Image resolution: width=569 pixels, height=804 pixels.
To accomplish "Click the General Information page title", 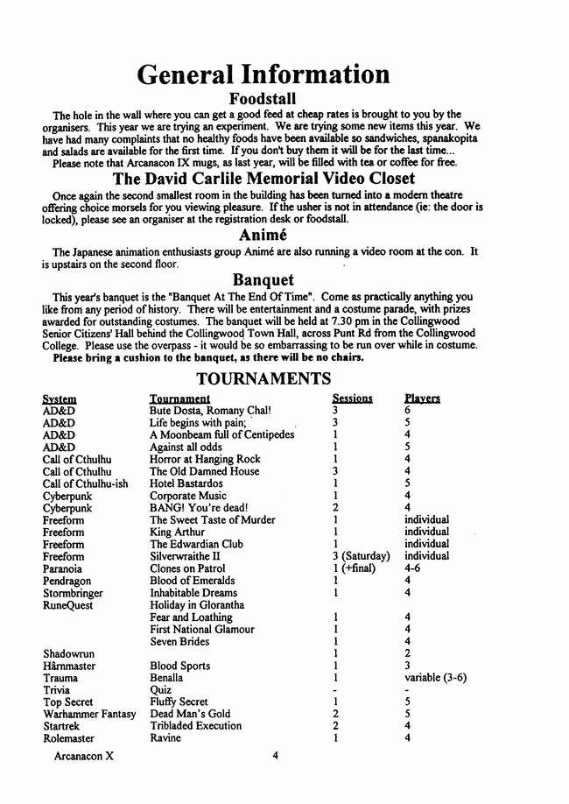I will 263,74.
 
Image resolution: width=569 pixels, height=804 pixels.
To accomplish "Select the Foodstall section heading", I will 263,99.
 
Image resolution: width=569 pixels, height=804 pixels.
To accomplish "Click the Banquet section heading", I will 263,281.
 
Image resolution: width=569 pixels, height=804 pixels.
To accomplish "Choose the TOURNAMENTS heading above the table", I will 263,378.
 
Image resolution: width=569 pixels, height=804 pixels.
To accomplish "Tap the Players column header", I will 422,398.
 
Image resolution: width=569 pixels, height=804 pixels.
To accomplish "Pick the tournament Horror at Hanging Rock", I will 205,459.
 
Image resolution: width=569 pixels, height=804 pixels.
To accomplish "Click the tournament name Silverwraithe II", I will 185,556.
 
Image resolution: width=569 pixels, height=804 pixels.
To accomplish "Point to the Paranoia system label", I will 62,568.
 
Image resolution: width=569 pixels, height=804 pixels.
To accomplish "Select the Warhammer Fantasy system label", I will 89,714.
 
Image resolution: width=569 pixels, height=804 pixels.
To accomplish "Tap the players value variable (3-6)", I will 435,678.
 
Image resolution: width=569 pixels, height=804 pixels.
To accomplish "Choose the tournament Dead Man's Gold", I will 190,714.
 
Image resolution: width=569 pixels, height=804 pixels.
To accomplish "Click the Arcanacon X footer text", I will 84,756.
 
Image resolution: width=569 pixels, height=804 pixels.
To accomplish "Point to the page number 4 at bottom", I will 274,756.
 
